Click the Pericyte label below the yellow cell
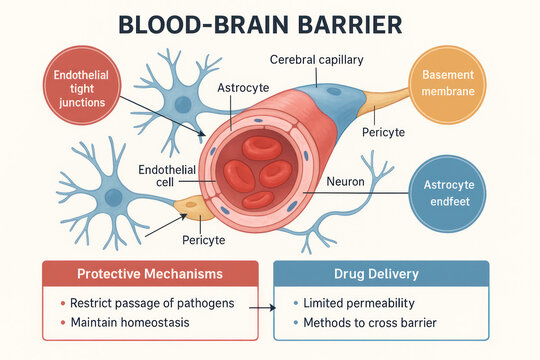[x=204, y=240]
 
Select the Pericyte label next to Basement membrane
[x=383, y=130]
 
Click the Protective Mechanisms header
[x=147, y=274]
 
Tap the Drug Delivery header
[x=381, y=274]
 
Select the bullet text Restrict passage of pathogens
[x=145, y=303]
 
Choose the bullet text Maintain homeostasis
[x=130, y=322]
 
